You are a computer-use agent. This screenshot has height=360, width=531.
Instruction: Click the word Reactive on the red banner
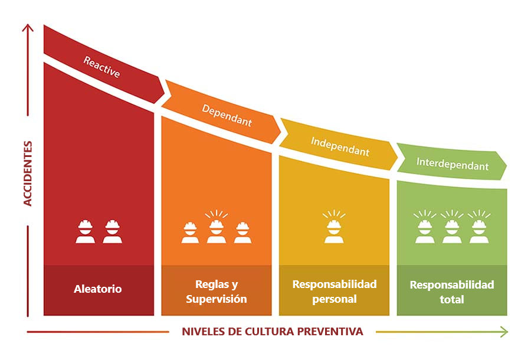point(101,67)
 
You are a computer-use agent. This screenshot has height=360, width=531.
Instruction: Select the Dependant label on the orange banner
point(227,116)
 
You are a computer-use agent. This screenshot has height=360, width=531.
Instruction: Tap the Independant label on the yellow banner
point(340,146)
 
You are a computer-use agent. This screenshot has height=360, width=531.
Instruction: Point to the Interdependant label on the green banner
point(453,164)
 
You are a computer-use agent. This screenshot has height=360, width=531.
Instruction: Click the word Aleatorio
point(97,289)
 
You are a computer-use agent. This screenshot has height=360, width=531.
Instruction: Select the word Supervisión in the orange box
point(217,299)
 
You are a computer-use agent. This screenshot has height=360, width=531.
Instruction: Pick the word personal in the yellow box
point(335,299)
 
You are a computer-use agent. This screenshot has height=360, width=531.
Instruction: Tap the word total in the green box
point(452,299)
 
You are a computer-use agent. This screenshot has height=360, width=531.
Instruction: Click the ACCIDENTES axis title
point(27,174)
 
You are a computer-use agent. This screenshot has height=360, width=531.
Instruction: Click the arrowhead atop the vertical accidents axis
point(28,27)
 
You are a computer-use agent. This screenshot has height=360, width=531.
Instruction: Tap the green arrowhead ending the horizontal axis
point(504,332)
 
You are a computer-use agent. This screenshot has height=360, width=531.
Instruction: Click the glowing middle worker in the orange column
point(217,227)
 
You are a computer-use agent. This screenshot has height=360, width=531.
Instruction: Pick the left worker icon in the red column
point(86,231)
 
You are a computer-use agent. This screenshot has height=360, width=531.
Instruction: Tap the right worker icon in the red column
point(113,231)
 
